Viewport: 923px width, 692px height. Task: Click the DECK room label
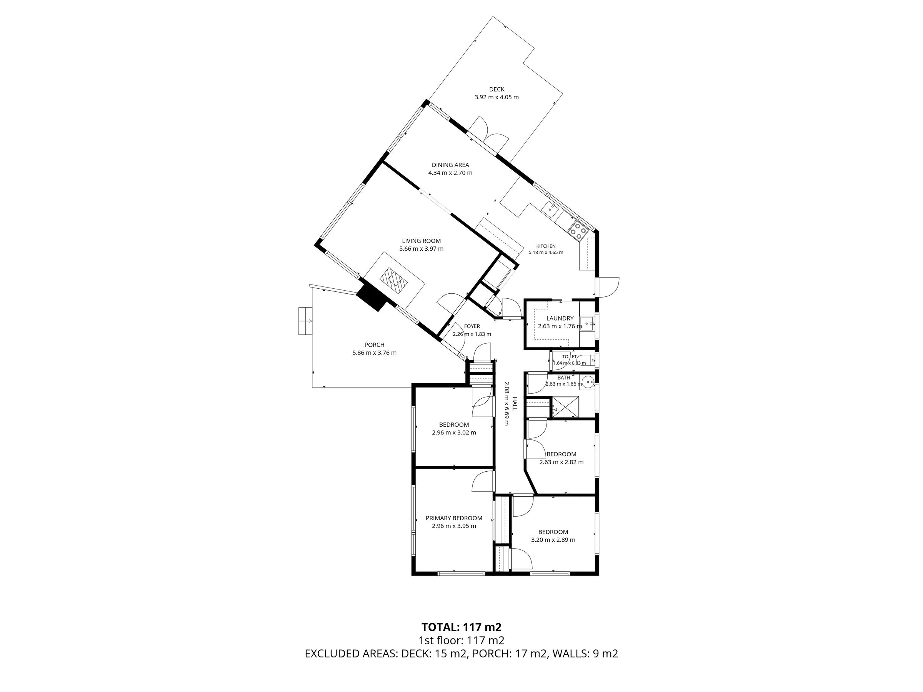click(x=496, y=89)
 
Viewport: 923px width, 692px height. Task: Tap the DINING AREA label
click(x=450, y=165)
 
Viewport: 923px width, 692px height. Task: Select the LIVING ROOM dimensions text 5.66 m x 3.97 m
click(x=421, y=249)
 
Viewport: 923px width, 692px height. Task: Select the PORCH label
click(x=374, y=345)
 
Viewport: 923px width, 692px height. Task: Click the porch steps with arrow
click(x=305, y=321)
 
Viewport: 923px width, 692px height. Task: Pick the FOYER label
click(x=472, y=326)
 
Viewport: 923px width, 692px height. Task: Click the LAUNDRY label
click(x=560, y=318)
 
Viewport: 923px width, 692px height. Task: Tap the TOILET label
click(x=569, y=357)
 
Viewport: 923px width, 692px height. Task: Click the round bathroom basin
click(x=588, y=381)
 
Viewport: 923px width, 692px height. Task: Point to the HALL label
click(x=515, y=403)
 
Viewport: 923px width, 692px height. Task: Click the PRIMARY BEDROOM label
click(x=454, y=518)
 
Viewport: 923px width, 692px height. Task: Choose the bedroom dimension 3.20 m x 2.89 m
click(x=553, y=540)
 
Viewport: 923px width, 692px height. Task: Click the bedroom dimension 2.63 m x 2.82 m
click(x=561, y=462)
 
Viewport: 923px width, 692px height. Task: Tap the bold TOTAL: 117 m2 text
click(x=461, y=639)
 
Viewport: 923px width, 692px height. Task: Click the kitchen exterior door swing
click(x=610, y=287)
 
